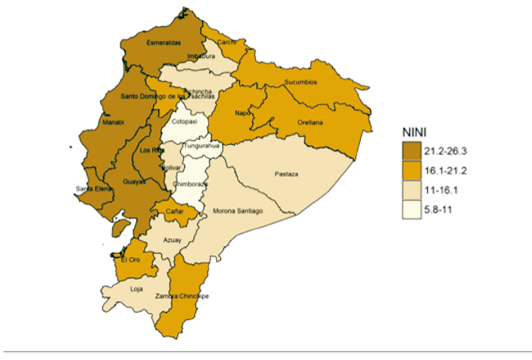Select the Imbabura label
pyautogui.click(x=201, y=56)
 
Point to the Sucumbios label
pyautogui.click(x=299, y=83)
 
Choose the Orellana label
pyautogui.click(x=310, y=123)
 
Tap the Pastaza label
pyautogui.click(x=286, y=174)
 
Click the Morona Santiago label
pyautogui.click(x=237, y=211)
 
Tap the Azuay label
pyautogui.click(x=173, y=240)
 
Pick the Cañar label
pyautogui.click(x=174, y=212)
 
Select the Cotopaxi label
pyautogui.click(x=183, y=121)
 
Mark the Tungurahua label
pyautogui.click(x=201, y=146)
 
